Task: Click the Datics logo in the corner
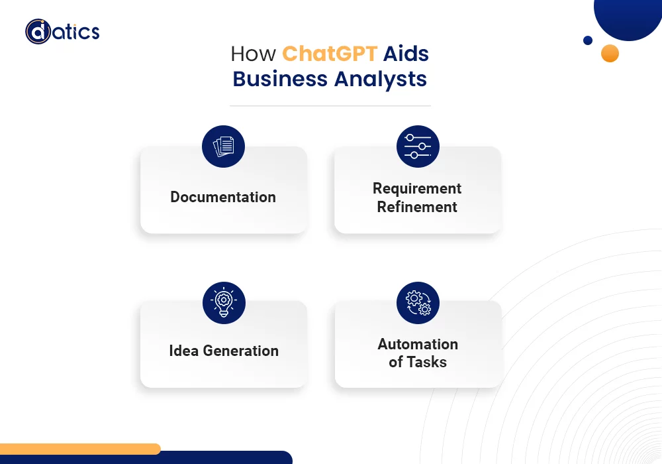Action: pos(62,32)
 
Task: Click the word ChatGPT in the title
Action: pos(329,54)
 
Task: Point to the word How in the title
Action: pos(254,54)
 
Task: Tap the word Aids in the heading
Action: pos(406,54)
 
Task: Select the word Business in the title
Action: pos(280,79)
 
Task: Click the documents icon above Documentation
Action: pos(223,146)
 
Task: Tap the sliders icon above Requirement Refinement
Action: pos(418,146)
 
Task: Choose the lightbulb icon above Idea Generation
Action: pos(224,302)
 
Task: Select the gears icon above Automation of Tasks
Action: pos(418,302)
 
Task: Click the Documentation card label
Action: pos(223,197)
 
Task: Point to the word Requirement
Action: pos(417,189)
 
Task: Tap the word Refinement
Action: pos(417,207)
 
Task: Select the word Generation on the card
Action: pos(241,351)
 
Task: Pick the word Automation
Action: pos(418,344)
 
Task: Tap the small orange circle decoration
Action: pos(610,53)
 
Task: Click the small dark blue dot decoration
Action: pos(588,40)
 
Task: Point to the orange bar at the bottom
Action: pos(80,449)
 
